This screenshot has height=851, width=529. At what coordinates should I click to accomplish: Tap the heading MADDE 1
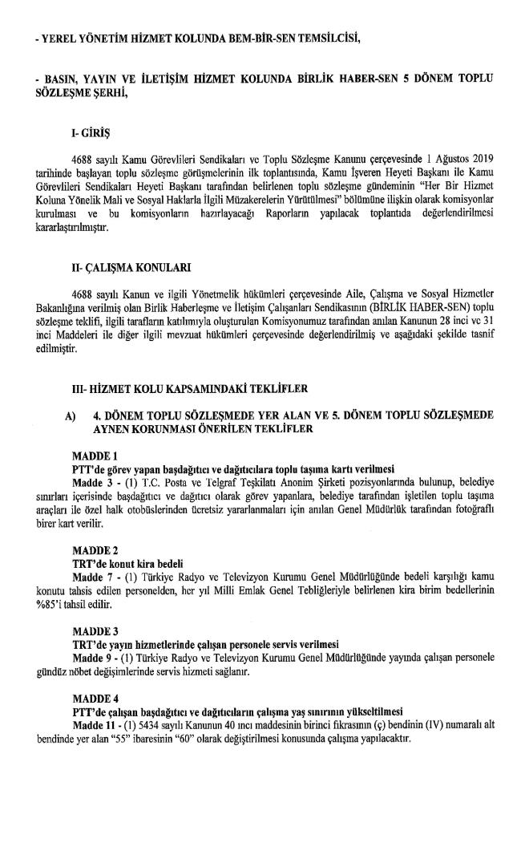click(95, 455)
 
